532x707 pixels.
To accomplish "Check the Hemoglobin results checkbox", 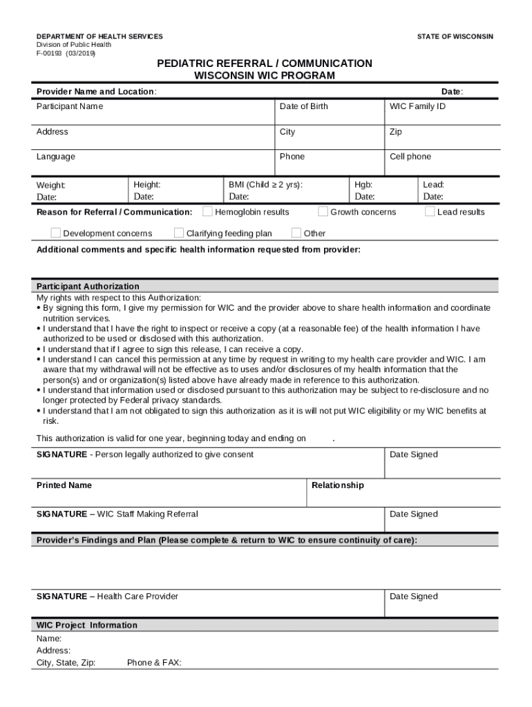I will tap(207, 212).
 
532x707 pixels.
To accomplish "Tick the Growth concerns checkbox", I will tap(323, 212).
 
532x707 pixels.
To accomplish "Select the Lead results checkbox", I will tap(430, 212).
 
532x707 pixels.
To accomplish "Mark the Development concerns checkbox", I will tap(56, 233).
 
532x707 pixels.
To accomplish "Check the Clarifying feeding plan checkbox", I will tap(179, 233).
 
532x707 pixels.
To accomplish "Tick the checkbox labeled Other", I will tap(297, 233).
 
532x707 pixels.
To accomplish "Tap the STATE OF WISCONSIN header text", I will tap(455, 37).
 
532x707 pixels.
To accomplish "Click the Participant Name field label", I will tap(70, 106).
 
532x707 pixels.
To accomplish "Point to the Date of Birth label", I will tap(304, 106).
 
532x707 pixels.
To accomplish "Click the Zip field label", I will tap(396, 132).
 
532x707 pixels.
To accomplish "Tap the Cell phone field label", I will tap(410, 157).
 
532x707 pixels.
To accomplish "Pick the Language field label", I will tap(56, 157).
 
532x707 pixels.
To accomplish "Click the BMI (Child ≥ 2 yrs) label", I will tap(265, 185).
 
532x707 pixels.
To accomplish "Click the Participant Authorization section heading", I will tap(88, 287).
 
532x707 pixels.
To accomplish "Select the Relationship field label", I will tap(338, 485).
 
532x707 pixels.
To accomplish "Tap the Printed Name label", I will tap(64, 485).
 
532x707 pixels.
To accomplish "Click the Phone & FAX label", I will tap(154, 663).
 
